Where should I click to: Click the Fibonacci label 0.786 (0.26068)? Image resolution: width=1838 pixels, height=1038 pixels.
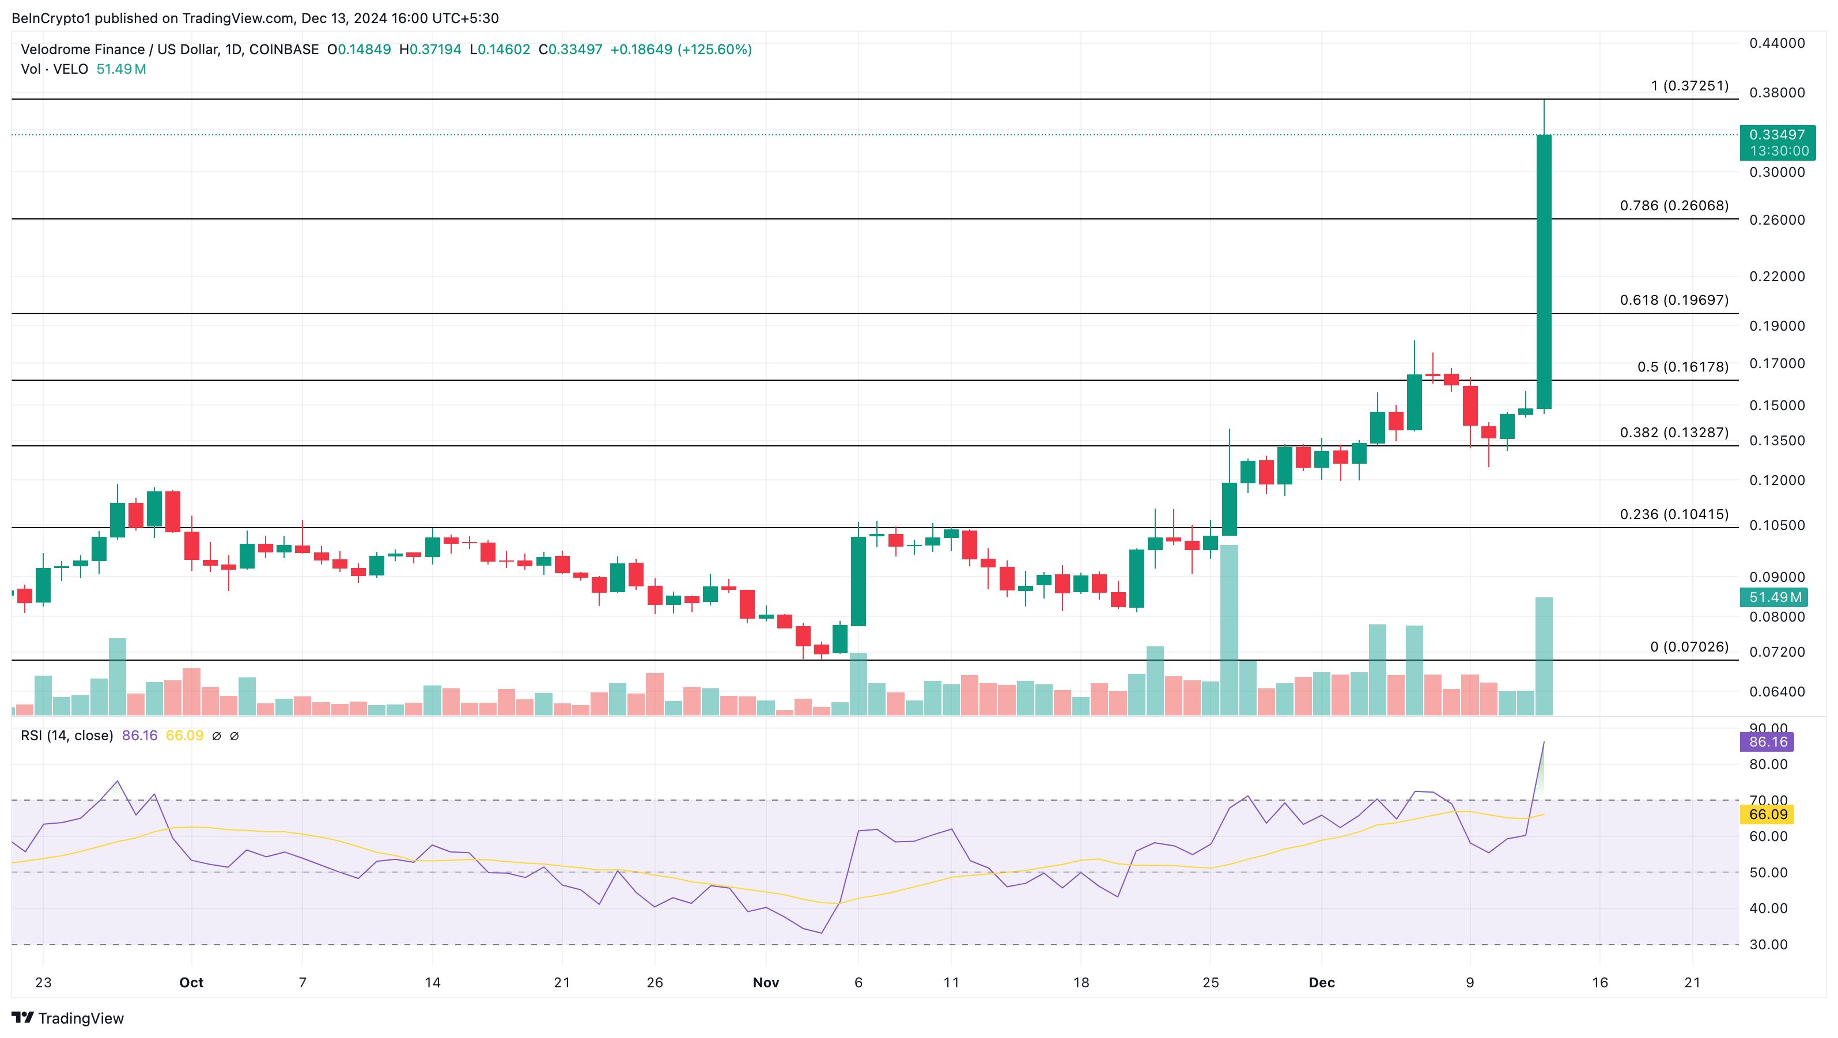click(x=1674, y=206)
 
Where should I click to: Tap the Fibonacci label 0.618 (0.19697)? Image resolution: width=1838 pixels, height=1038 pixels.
click(x=1674, y=300)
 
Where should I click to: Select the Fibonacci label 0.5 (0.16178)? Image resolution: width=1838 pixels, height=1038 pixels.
click(x=1682, y=367)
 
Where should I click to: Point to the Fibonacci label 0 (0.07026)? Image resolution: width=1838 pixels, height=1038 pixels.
click(x=1689, y=646)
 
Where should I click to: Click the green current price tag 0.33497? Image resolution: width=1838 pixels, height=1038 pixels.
click(x=1777, y=135)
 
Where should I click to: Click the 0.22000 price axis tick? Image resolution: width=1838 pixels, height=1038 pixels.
click(x=1777, y=276)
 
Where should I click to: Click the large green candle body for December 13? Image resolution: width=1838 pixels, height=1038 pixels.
click(x=1544, y=271)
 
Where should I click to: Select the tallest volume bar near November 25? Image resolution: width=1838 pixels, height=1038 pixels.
click(x=1230, y=628)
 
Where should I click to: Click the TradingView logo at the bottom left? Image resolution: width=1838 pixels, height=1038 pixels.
click(x=68, y=1018)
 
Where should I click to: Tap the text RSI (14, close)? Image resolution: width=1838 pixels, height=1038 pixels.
click(x=67, y=736)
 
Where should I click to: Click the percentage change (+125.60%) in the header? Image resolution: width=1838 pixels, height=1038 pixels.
click(x=714, y=49)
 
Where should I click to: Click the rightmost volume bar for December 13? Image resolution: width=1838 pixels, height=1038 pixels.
click(x=1544, y=656)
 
